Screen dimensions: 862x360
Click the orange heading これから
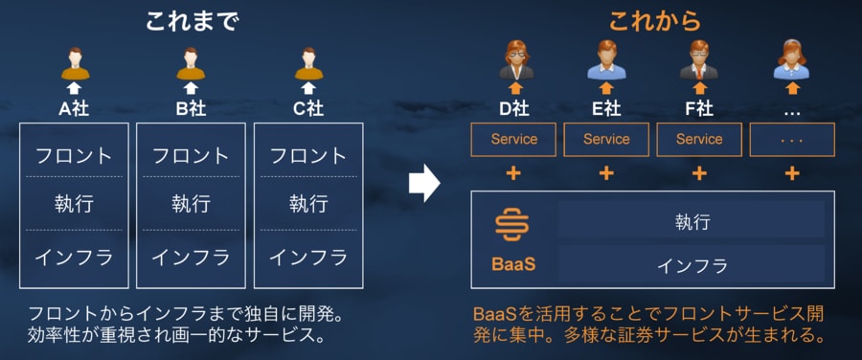tap(656, 21)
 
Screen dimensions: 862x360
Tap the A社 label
tap(74, 109)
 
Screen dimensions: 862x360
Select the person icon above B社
tap(191, 63)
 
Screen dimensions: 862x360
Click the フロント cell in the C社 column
tap(308, 155)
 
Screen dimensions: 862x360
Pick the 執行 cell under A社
tap(74, 204)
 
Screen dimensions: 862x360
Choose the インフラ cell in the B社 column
tap(191, 258)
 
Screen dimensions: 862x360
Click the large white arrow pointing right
tap(424, 183)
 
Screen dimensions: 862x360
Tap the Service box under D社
tap(514, 139)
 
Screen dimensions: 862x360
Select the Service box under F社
tap(699, 139)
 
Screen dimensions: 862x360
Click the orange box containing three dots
tap(792, 139)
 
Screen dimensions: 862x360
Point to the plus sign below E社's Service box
tap(606, 173)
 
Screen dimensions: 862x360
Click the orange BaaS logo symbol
tap(511, 225)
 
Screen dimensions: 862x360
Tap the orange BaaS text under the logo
tap(513, 264)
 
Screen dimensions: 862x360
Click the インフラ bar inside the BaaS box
tap(692, 264)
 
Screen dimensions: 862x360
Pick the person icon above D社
tap(516, 60)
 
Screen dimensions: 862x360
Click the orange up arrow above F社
tap(699, 88)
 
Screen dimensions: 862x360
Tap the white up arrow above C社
tap(308, 88)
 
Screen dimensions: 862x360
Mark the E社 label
tap(606, 109)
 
